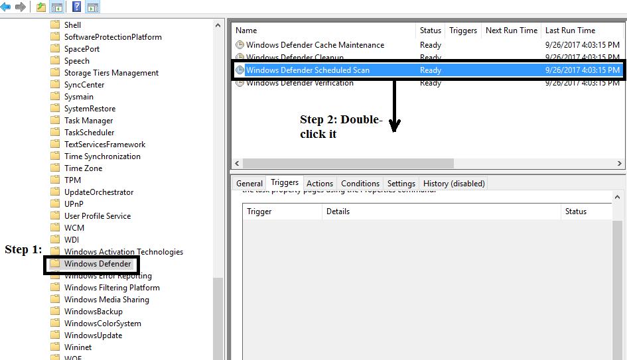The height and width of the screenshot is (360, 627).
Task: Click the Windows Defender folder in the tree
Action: coord(97,264)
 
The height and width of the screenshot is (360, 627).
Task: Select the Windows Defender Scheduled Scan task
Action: coord(308,70)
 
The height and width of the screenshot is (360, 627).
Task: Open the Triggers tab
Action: coord(285,183)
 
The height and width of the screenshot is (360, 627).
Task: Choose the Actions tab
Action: coord(320,184)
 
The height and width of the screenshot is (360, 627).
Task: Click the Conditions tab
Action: coord(360,184)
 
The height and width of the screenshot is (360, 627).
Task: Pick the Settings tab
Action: coord(401,184)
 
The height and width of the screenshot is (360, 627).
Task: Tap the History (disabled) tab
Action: coord(454,184)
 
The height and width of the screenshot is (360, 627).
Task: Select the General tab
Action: coord(249,184)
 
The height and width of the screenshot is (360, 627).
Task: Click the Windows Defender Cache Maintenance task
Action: coord(314,45)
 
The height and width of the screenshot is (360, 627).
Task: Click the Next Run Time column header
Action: coord(512,30)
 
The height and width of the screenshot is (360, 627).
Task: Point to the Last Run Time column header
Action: coord(570,30)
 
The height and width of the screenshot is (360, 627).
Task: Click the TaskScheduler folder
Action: coord(89,133)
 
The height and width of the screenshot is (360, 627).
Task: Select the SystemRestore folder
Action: coord(90,109)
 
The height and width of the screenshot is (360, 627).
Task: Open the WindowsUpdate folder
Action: coord(93,335)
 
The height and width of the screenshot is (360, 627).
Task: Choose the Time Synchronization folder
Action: coord(102,156)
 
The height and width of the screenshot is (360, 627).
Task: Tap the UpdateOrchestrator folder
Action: coord(98,192)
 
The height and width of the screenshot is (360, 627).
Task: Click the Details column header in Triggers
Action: coord(338,211)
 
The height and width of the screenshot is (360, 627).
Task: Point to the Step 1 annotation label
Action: coord(23,250)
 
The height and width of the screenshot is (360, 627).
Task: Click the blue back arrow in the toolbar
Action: coord(6,7)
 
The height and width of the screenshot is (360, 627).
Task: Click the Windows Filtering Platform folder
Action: coord(111,288)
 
